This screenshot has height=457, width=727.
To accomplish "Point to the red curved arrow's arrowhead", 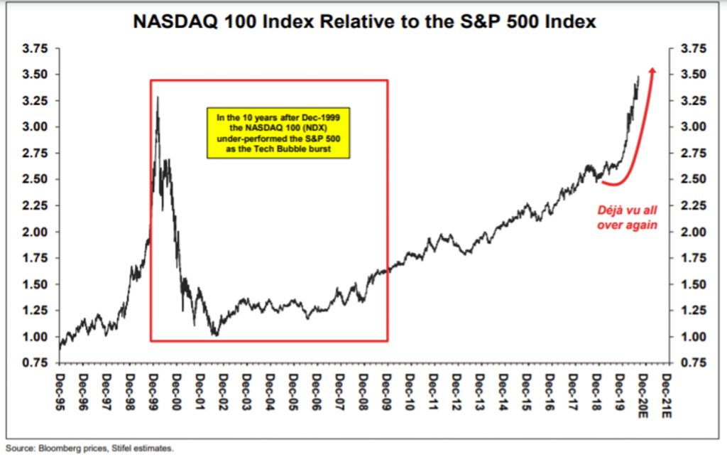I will point(653,70).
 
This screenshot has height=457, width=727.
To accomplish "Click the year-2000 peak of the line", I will point(157,97).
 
